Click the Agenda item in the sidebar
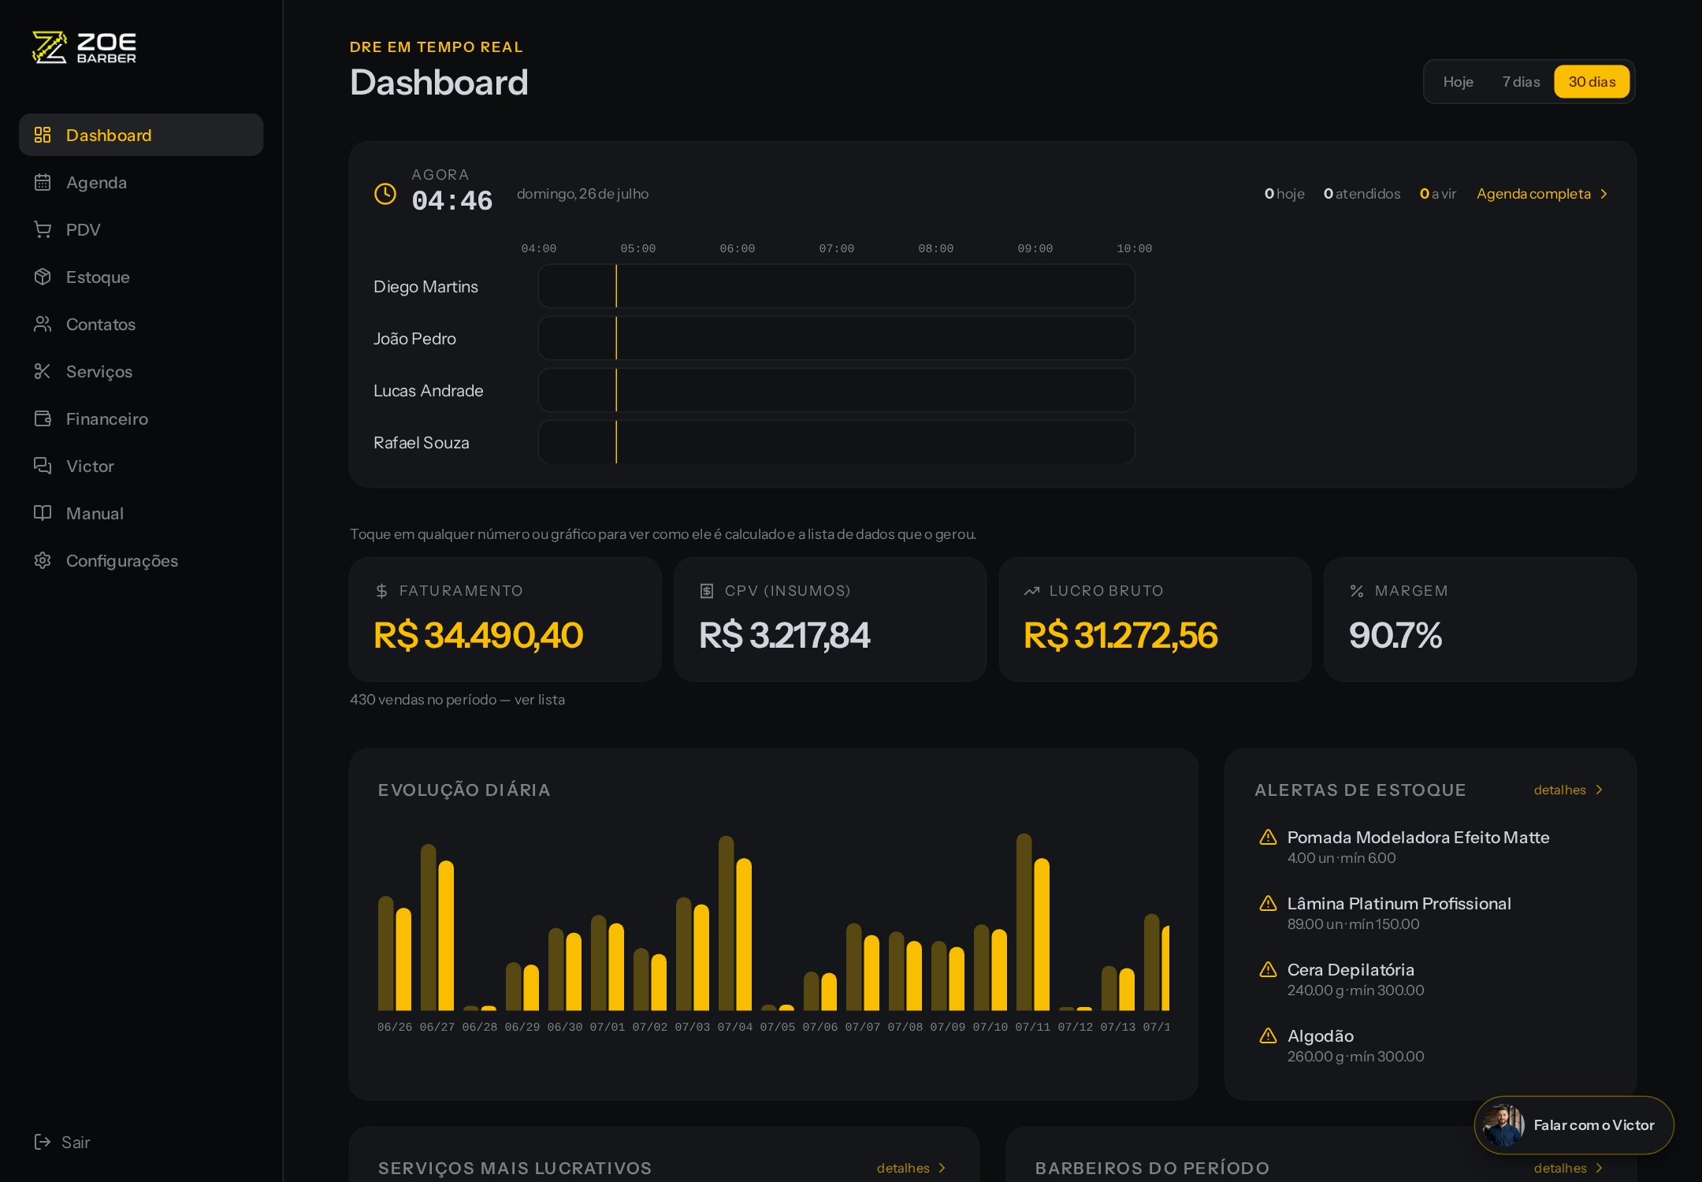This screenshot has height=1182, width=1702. [96, 183]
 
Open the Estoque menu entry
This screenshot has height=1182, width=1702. [98, 277]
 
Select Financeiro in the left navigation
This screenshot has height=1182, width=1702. [107, 419]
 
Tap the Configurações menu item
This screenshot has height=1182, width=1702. [122, 561]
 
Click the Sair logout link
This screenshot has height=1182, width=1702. [62, 1142]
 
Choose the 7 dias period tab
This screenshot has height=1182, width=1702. [1521, 82]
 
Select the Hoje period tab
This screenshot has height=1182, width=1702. [1458, 82]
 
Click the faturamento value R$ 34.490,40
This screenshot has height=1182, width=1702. [478, 635]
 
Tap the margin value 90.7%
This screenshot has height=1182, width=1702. [1395, 635]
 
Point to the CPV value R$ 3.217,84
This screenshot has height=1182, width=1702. [785, 635]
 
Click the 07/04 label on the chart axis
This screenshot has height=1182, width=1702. [734, 1027]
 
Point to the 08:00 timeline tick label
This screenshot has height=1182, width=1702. [935, 248]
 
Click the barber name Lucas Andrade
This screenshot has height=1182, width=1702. [429, 391]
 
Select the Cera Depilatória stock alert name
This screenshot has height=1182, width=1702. [1351, 970]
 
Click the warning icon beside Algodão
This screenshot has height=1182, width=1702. [1268, 1035]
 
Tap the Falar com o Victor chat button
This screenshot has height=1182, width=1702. [1574, 1125]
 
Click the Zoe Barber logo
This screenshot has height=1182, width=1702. [84, 47]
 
